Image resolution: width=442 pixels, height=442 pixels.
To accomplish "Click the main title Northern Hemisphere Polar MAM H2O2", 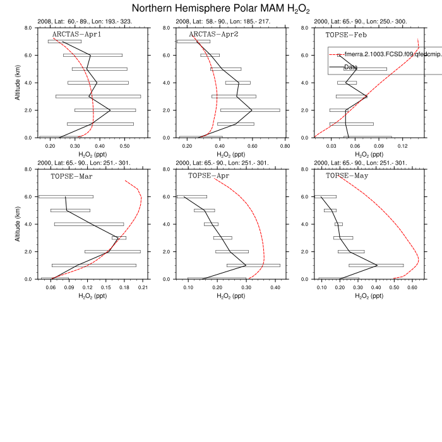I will (x=220, y=9).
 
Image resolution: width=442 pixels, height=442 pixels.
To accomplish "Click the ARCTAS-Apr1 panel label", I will (x=76, y=34).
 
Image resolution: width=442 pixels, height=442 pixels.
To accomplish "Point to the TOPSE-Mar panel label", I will (x=72, y=176).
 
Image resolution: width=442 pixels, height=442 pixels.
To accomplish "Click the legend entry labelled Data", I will (x=351, y=67).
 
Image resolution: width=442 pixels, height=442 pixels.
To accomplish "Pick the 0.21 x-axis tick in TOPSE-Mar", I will (x=142, y=286).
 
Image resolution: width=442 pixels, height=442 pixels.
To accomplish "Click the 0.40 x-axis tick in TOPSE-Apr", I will (x=275, y=286).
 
